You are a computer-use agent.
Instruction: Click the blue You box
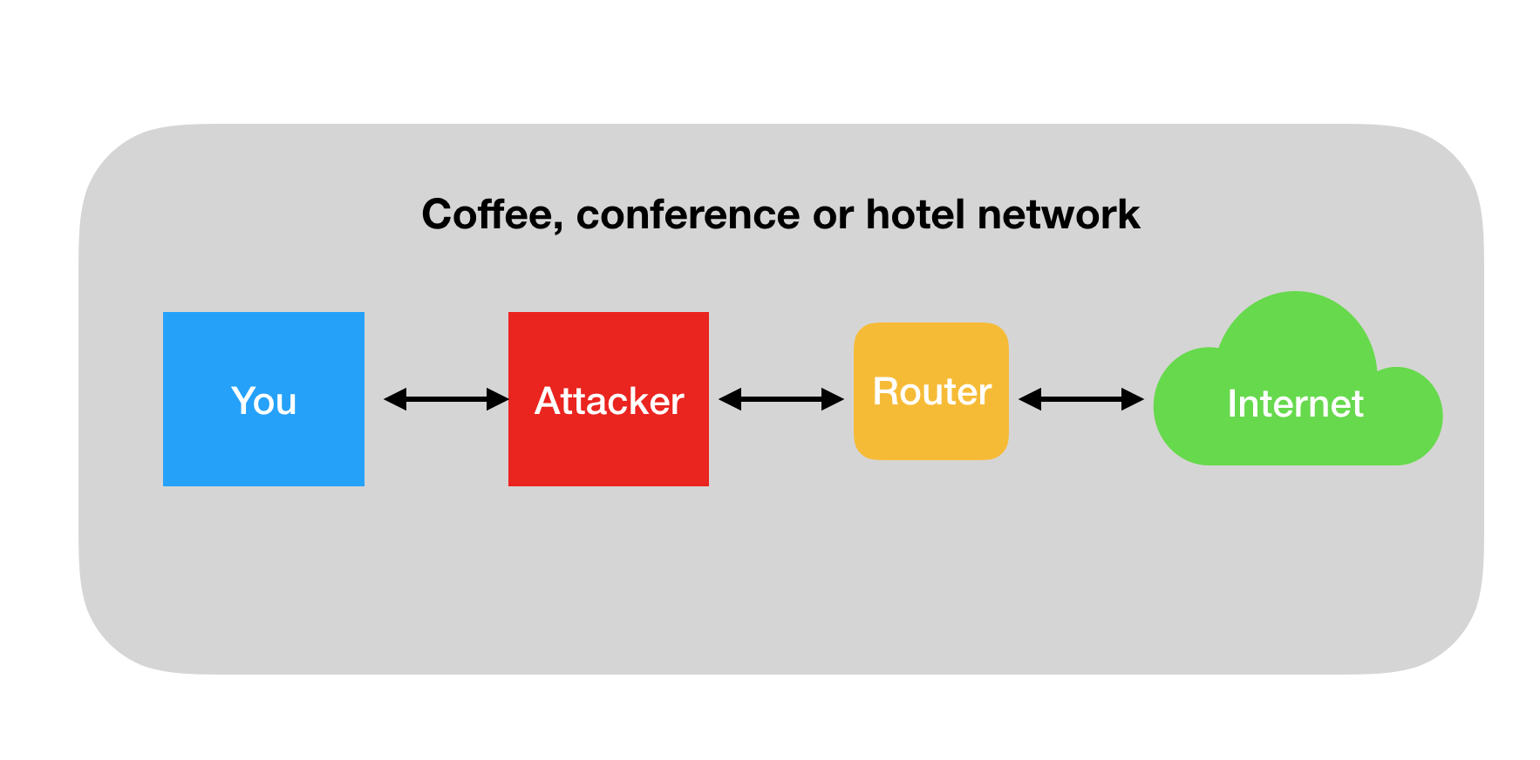[263, 399]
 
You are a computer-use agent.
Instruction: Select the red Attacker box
[609, 399]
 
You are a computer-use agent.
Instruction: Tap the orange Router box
[931, 391]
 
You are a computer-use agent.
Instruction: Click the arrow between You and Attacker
[446, 399]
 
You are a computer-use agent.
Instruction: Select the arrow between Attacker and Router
[781, 399]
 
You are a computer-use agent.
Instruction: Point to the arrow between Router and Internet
[1081, 399]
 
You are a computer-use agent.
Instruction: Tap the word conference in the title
[687, 214]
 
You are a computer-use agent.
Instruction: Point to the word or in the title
[833, 218]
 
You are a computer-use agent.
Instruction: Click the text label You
[264, 401]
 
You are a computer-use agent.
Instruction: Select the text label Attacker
[610, 401]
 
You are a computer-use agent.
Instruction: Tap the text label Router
[932, 391]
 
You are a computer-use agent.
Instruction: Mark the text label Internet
[1296, 404]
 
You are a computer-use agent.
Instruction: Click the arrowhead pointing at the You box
[395, 399]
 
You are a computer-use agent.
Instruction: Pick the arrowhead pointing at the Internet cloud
[1133, 399]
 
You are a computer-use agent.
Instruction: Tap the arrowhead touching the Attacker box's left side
[498, 399]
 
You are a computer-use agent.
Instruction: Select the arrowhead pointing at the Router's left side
[833, 399]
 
